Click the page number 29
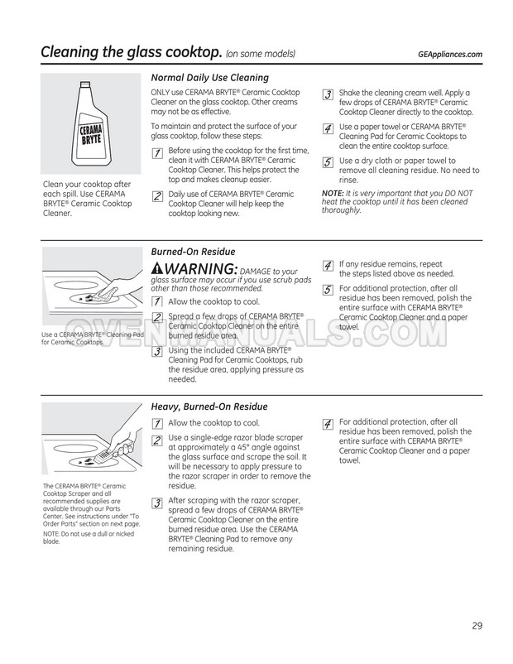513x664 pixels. (477, 625)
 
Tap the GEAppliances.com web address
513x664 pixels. (450, 54)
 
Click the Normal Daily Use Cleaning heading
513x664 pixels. (210, 78)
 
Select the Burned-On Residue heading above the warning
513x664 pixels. (193, 252)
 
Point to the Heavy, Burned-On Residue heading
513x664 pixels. (209, 407)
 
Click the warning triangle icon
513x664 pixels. (157, 268)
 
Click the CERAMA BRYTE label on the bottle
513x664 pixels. (91, 134)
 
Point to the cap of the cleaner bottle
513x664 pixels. (85, 85)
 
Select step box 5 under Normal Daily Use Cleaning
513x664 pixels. (328, 162)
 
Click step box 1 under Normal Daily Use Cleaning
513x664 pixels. (157, 153)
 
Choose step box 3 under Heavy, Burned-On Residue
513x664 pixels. (157, 503)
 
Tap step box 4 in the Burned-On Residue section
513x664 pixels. (328, 266)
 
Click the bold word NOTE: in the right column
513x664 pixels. (333, 194)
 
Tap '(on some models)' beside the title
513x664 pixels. (261, 54)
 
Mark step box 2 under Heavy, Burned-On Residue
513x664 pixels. (157, 440)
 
